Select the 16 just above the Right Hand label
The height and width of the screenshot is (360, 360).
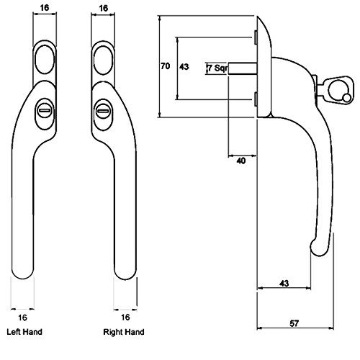[x=125, y=317]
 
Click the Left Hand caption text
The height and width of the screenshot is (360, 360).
[x=24, y=333]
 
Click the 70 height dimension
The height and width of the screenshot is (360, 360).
[x=164, y=66]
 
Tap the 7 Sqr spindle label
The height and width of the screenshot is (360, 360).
[x=217, y=68]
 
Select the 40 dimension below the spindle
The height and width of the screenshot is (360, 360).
[x=240, y=161]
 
